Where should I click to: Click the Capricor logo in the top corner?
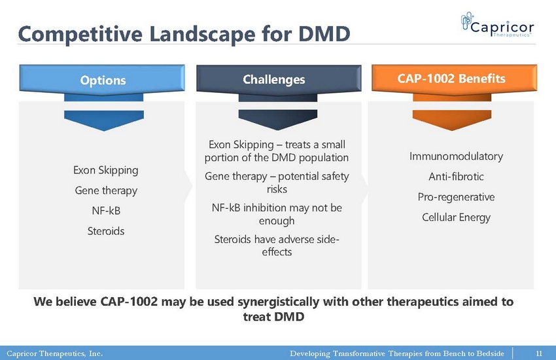(497, 24)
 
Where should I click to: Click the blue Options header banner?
(102, 80)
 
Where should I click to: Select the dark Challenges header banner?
(279, 80)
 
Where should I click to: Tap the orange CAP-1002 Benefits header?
(454, 79)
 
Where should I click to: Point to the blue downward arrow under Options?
(104, 120)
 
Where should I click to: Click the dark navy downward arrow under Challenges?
(278, 120)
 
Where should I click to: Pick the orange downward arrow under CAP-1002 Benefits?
(452, 120)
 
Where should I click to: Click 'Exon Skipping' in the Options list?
(106, 170)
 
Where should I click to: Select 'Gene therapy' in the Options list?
(106, 190)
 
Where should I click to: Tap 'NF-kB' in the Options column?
(106, 211)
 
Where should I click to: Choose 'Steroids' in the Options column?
(106, 231)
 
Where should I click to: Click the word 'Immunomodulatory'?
(456, 156)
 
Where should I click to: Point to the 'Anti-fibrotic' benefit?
(456, 176)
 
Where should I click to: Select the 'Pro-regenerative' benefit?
(456, 197)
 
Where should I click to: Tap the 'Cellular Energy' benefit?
(456, 217)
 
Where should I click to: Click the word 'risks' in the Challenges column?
(277, 189)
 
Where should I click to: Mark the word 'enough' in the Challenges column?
(277, 221)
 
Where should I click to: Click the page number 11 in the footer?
(538, 353)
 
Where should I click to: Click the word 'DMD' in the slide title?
(324, 34)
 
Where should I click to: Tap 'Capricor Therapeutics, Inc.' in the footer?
(54, 353)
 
